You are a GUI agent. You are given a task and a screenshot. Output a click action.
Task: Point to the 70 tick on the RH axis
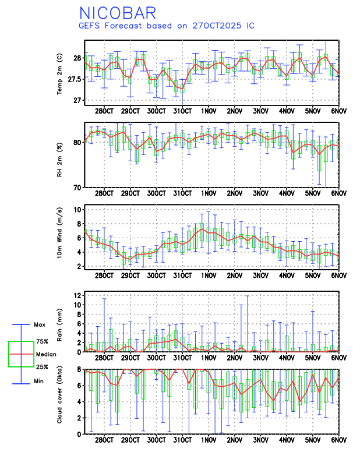coord(76,188)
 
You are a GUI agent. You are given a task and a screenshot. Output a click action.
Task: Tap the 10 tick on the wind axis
coord(76,209)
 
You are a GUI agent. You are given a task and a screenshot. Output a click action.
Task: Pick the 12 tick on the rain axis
coord(76,296)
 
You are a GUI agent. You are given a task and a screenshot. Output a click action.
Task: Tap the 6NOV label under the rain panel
coord(338,358)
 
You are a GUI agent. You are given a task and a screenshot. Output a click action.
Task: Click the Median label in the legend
coord(46,354)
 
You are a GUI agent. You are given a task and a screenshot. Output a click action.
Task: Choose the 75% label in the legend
coord(42,341)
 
